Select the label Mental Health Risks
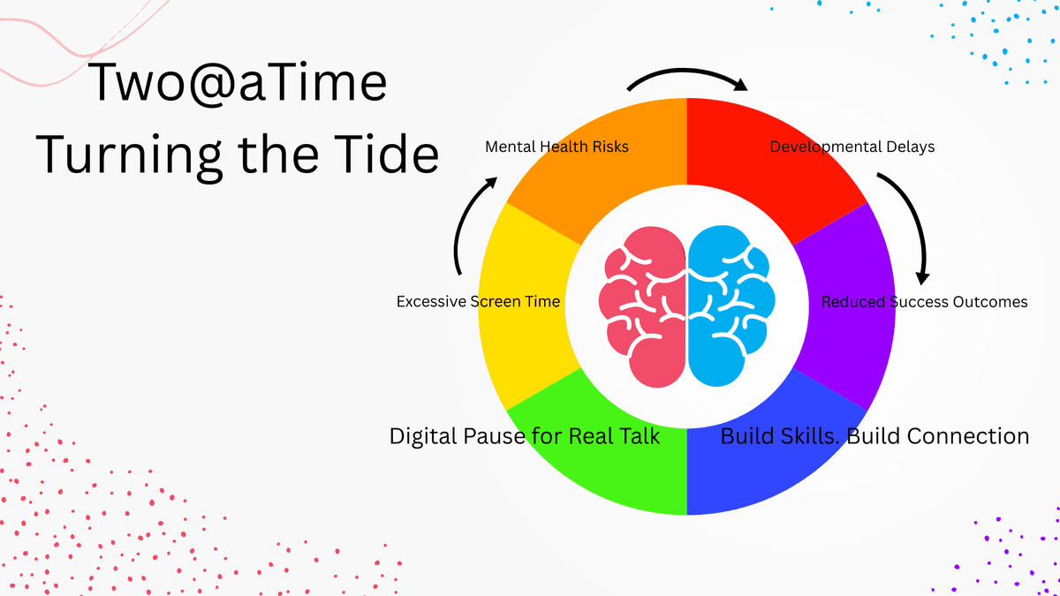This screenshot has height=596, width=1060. tap(556, 147)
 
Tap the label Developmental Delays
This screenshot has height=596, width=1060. tap(852, 147)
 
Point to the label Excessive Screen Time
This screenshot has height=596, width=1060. tap(478, 302)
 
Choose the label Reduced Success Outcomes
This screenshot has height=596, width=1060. tap(924, 302)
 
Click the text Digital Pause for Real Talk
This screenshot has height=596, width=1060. tap(525, 436)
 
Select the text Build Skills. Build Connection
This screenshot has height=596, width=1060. tap(874, 436)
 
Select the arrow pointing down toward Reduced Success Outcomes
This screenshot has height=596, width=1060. tap(910, 221)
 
